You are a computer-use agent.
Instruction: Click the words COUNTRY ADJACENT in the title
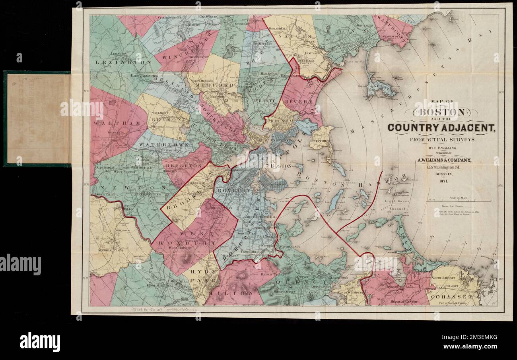pyautogui.click(x=441, y=128)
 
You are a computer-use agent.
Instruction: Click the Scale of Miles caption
pyautogui.click(x=458, y=197)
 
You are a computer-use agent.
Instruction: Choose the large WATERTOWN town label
pyautogui.click(x=161, y=144)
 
